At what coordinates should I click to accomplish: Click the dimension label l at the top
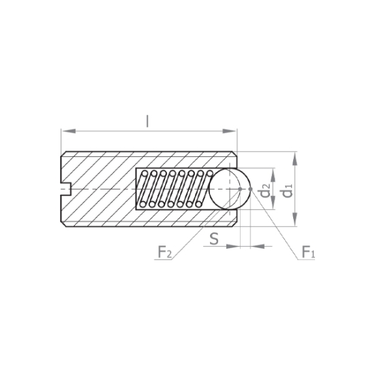point(147,121)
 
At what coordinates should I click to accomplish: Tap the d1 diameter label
point(288,191)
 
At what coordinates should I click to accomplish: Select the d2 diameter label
point(265,191)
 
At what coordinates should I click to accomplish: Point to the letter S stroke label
point(214,239)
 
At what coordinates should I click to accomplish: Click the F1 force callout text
point(308,252)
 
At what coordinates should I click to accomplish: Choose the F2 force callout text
point(165,252)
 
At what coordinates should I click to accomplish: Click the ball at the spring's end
point(230,189)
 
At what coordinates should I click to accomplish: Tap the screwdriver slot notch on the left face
point(66,189)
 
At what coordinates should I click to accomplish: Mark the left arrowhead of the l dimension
point(69,131)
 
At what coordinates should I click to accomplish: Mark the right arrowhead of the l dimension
point(229,131)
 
